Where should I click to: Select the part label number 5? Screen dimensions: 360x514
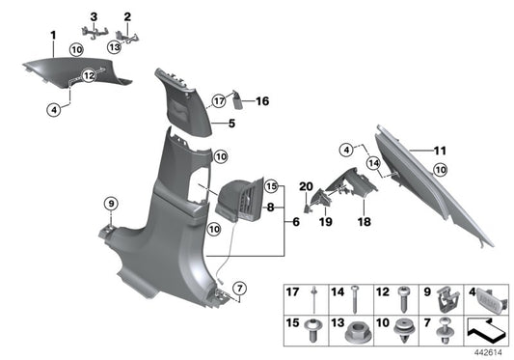click(x=231, y=125)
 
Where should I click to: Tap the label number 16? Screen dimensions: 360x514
click(x=262, y=99)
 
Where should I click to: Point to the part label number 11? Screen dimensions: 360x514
click(x=440, y=151)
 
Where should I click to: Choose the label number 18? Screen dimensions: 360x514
click(x=365, y=221)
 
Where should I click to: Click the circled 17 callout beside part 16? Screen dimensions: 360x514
click(x=219, y=98)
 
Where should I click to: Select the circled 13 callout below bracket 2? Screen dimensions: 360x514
click(x=114, y=45)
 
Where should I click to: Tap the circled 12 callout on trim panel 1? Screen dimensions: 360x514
click(x=88, y=74)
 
